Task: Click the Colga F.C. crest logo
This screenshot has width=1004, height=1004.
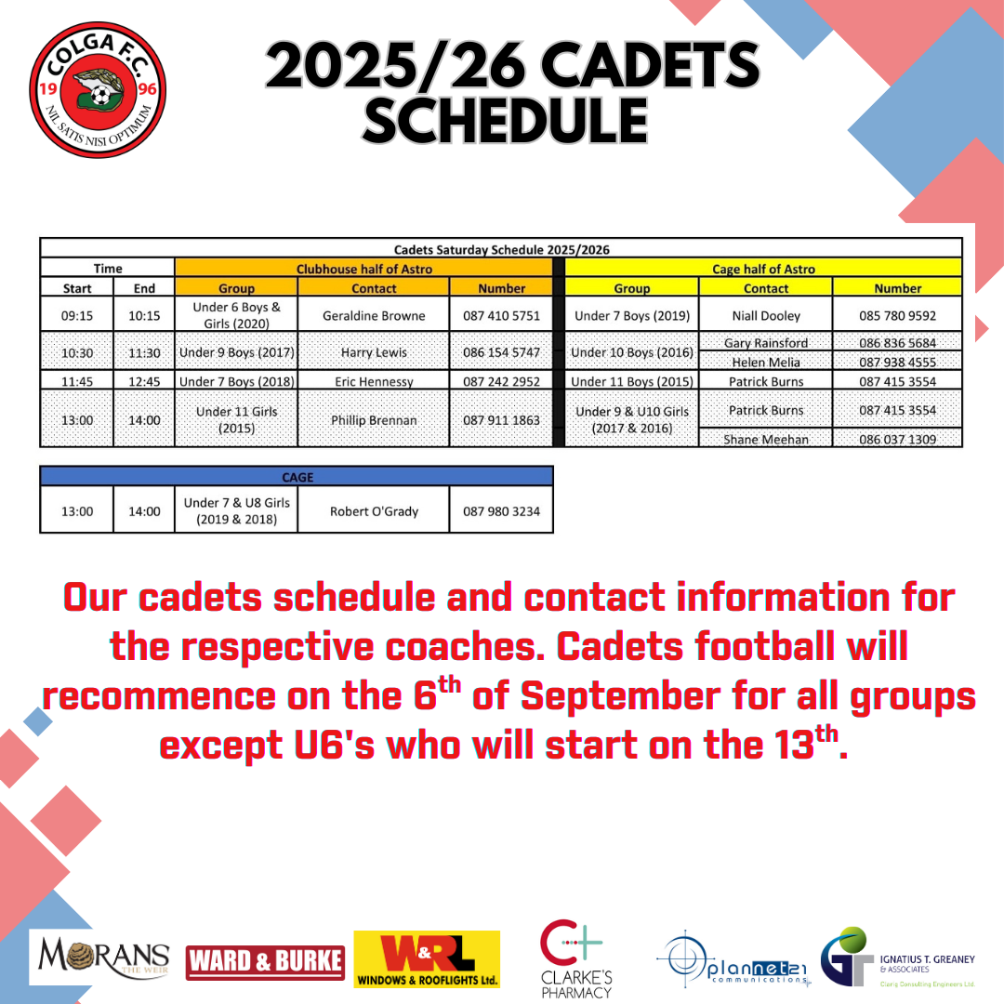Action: (x=98, y=89)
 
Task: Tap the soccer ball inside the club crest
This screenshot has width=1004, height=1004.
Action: (x=99, y=96)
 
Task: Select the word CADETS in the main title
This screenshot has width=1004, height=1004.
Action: (x=650, y=65)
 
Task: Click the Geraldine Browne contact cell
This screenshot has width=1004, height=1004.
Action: (x=374, y=315)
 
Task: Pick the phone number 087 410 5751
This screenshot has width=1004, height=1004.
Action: (x=501, y=316)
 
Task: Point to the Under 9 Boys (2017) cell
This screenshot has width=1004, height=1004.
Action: (x=236, y=352)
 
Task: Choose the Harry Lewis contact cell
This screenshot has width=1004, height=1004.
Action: (x=374, y=352)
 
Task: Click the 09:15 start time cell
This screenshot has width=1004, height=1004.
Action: (x=77, y=315)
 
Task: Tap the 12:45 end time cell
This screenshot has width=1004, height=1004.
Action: (x=144, y=381)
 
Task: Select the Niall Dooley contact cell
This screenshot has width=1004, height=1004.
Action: (x=766, y=315)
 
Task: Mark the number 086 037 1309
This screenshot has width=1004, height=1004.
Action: (x=898, y=439)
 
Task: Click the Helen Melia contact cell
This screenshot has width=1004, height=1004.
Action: (x=766, y=362)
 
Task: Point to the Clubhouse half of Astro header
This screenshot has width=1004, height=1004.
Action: (x=363, y=269)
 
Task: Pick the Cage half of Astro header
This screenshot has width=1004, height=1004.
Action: (x=763, y=269)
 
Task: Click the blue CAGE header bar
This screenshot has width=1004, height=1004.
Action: (x=297, y=476)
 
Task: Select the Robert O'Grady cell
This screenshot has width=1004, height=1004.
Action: (x=374, y=511)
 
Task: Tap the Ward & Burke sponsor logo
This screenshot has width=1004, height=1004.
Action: (x=265, y=962)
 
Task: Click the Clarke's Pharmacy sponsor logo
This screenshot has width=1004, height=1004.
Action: (x=575, y=958)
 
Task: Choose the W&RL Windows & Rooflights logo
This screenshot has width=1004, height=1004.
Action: (x=427, y=958)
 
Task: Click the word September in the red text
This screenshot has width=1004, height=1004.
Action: (x=620, y=696)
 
